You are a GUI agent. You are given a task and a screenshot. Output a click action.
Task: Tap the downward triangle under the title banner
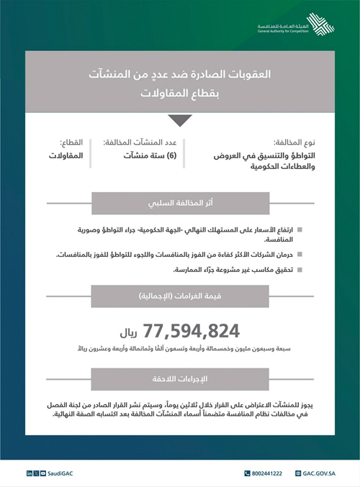(x=179, y=120)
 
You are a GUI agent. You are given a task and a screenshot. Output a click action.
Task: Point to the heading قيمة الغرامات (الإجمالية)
(x=179, y=295)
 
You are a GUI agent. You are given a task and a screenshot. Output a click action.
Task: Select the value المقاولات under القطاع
(x=66, y=155)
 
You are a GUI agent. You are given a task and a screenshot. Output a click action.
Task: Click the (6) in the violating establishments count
(x=173, y=155)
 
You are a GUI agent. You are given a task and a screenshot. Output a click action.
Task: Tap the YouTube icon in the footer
(x=42, y=473)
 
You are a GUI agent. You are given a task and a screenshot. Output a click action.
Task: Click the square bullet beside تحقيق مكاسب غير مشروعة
(x=299, y=270)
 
